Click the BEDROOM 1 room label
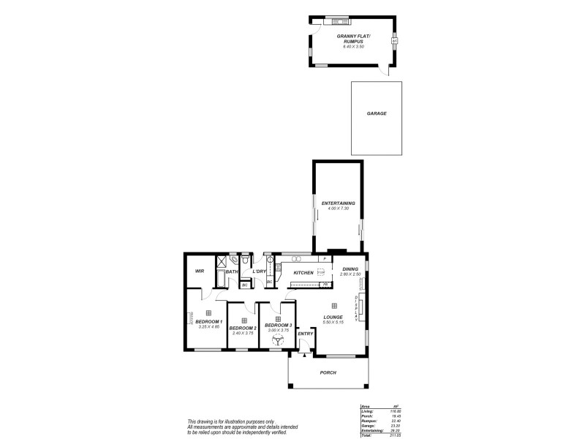tap(208, 322)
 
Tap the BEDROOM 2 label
tap(243, 329)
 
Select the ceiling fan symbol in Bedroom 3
tap(278, 340)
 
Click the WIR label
tap(199, 271)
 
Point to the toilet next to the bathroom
tap(245, 260)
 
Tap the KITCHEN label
tap(303, 273)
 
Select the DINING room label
tap(350, 269)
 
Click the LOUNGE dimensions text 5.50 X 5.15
tap(333, 323)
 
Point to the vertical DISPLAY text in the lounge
tap(356, 307)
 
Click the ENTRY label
tap(306, 334)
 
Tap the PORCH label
tap(328, 372)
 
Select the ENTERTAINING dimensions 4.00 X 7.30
tap(338, 209)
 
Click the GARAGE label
tap(377, 113)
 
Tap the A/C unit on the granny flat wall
tap(395, 41)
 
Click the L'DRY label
tap(258, 271)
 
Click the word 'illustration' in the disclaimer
tap(232, 422)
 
